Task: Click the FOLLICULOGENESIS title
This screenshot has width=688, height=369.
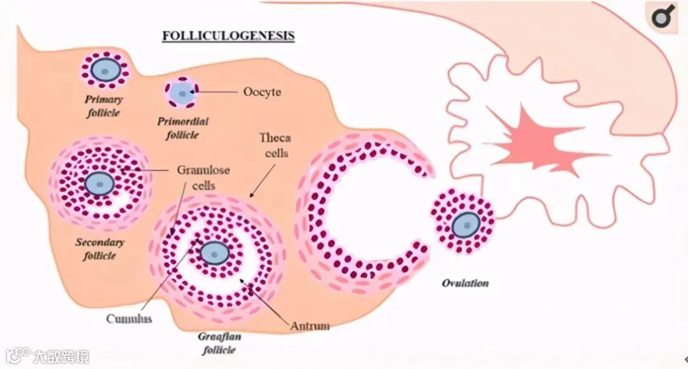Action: coord(228,35)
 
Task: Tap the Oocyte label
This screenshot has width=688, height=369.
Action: coord(262,92)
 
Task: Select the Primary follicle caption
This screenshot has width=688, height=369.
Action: coord(104,106)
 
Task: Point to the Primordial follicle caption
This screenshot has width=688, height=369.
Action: coord(183,127)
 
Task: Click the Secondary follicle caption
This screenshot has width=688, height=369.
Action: coord(100,249)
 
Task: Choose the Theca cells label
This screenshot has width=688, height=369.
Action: coord(275,146)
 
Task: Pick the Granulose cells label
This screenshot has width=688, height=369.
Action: coord(203,178)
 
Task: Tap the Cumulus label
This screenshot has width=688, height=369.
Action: coord(129,319)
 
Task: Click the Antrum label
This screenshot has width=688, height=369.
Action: coord(310,326)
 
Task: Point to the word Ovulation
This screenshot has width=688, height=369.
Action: coord(465,283)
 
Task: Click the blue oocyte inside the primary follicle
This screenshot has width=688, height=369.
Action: coord(104,69)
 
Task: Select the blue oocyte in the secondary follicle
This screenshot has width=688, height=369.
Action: coord(99,183)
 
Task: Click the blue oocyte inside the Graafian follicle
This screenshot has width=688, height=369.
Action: coord(214,253)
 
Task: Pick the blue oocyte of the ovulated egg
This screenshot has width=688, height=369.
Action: coord(466,224)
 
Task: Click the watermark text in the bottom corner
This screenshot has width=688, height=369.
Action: coord(62,356)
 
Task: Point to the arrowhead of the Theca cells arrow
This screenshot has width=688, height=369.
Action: coord(251,195)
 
